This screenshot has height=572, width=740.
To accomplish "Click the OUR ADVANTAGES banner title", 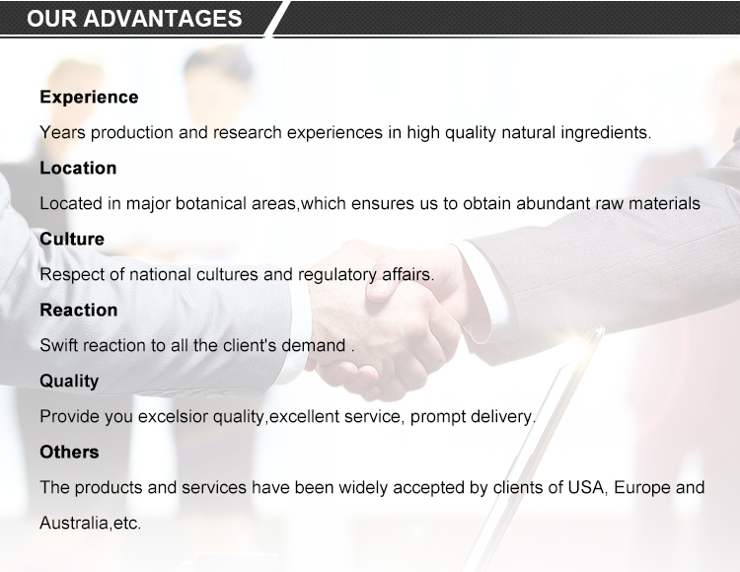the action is pyautogui.click(x=134, y=19).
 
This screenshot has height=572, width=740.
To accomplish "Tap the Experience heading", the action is pyautogui.click(x=89, y=98).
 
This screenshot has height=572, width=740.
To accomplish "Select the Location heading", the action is pyautogui.click(x=78, y=168).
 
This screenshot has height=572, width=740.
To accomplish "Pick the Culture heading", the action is pyautogui.click(x=72, y=239).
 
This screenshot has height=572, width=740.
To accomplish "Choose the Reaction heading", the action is pyautogui.click(x=79, y=310).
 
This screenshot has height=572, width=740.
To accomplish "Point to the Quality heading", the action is pyautogui.click(x=69, y=382).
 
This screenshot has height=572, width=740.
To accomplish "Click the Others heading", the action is pyautogui.click(x=69, y=452).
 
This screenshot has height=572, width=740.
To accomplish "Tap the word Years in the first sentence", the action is pyautogui.click(x=63, y=132).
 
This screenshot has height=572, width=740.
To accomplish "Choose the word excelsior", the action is pyautogui.click(x=173, y=417).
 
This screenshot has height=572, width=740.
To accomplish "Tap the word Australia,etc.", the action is pyautogui.click(x=91, y=524).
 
